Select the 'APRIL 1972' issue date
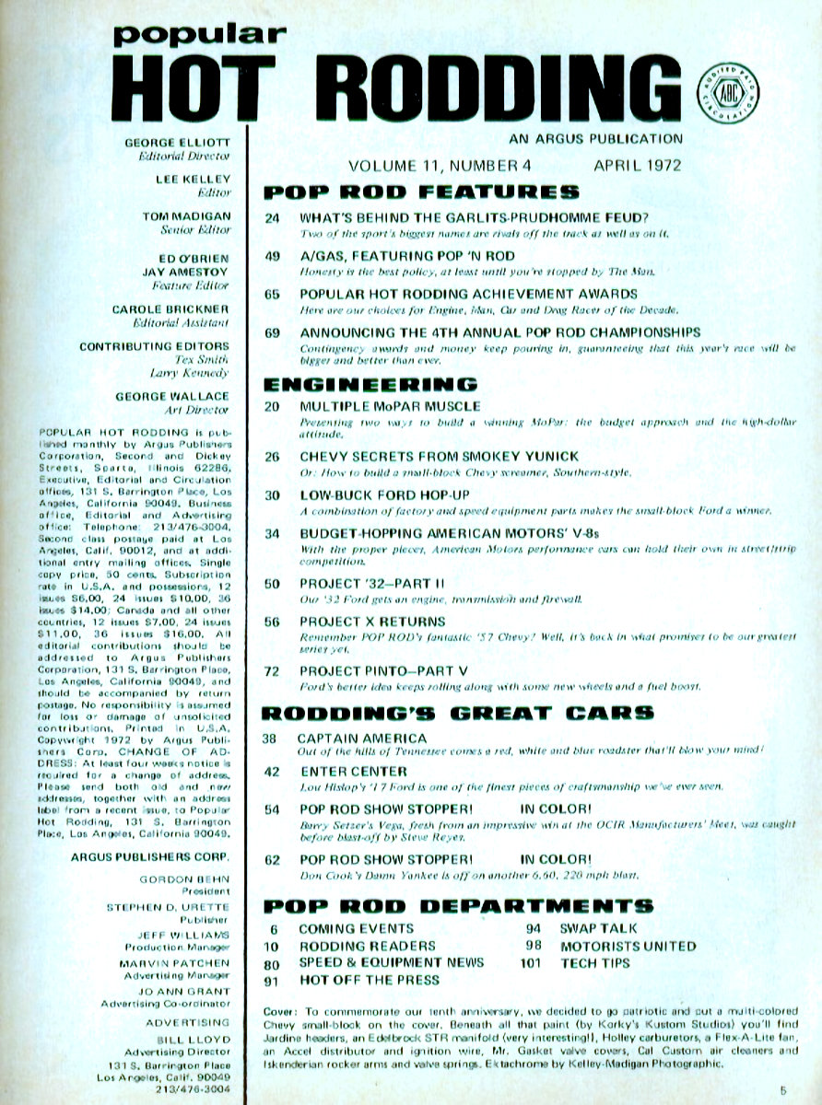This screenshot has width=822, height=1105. click(637, 166)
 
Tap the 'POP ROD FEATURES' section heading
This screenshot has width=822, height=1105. click(421, 192)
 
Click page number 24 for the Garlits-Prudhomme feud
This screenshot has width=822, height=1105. click(272, 218)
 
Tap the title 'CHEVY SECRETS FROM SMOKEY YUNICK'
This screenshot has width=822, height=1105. click(439, 456)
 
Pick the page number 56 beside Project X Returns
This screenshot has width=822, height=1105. click(272, 622)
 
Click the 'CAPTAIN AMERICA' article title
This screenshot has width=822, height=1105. click(362, 739)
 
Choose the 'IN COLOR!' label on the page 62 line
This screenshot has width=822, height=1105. click(555, 860)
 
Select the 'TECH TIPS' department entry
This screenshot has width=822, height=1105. click(594, 962)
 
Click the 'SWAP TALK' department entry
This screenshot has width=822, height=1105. click(598, 928)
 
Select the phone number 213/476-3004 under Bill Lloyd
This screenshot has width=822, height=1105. click(194, 1088)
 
